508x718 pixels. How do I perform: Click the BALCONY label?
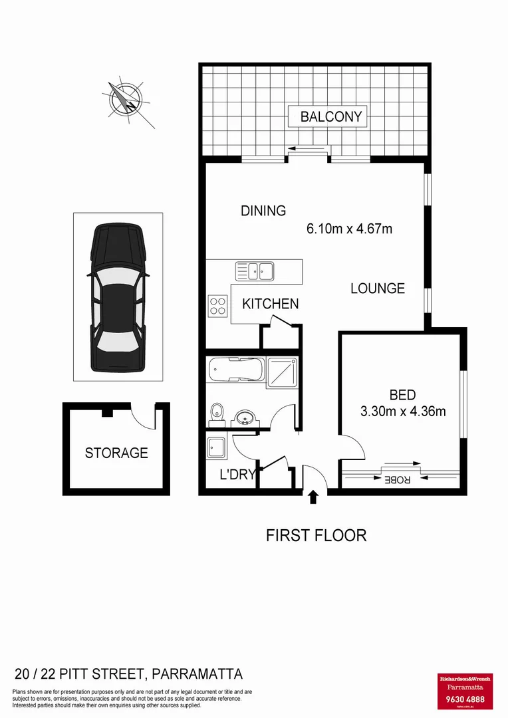[x=331, y=117]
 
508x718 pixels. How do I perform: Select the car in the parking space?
[x=118, y=297]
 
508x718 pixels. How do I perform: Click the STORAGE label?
[x=116, y=453]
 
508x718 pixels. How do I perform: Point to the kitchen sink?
[x=255, y=270]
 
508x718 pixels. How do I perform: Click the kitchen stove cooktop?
[x=218, y=305]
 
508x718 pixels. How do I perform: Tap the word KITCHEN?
[x=270, y=304]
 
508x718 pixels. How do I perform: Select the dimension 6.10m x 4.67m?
[x=349, y=229]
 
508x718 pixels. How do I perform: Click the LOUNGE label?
[x=378, y=288]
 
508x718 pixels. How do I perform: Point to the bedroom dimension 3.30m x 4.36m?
[x=403, y=411]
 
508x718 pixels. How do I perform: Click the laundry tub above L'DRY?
[x=217, y=446]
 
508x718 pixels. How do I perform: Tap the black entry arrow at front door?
[x=314, y=496]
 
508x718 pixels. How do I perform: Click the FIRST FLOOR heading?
[x=316, y=535]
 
